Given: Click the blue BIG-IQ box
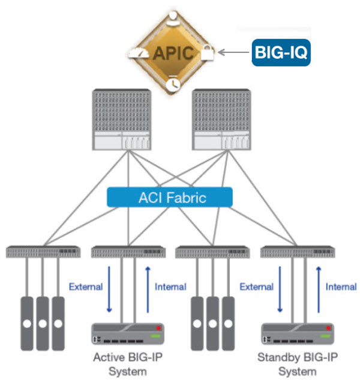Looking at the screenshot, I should click(281, 52).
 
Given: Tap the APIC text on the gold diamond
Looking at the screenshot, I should click(173, 52).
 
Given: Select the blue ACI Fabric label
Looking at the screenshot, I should click(170, 197).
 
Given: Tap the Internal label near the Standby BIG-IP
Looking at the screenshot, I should click(341, 286).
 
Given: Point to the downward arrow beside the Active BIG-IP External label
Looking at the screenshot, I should click(109, 290).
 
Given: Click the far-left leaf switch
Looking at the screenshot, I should click(43, 252).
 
